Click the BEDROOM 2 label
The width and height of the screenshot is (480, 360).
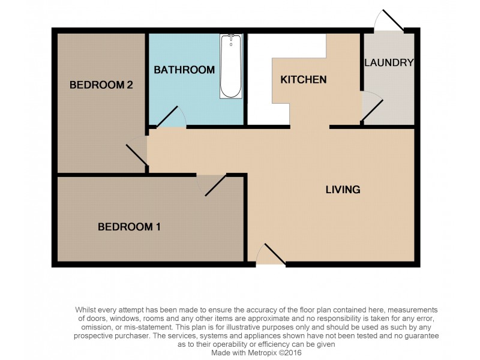(x=101, y=85)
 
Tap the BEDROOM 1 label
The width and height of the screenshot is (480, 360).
(x=129, y=227)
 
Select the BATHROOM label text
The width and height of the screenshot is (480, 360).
(x=184, y=70)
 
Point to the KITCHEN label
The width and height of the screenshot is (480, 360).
(x=304, y=80)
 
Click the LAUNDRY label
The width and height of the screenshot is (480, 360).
(x=389, y=62)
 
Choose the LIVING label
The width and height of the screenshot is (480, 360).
(x=343, y=190)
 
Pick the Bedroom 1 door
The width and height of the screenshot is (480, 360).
(x=214, y=185)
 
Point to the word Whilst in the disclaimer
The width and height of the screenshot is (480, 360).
(x=87, y=310)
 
